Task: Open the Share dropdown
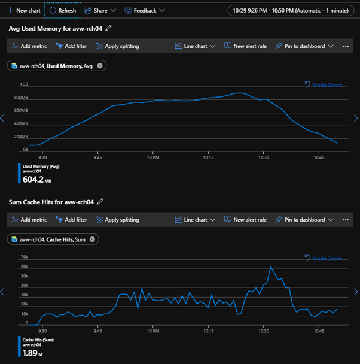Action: (x=100, y=10)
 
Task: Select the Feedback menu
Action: (x=141, y=10)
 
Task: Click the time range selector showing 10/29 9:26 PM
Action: (x=291, y=10)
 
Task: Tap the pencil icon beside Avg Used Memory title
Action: (x=108, y=28)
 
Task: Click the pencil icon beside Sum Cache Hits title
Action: (x=100, y=202)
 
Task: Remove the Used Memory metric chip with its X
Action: (x=100, y=66)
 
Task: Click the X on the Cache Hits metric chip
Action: (x=92, y=239)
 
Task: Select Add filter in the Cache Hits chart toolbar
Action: (x=71, y=220)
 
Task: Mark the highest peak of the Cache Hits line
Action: (x=270, y=266)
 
